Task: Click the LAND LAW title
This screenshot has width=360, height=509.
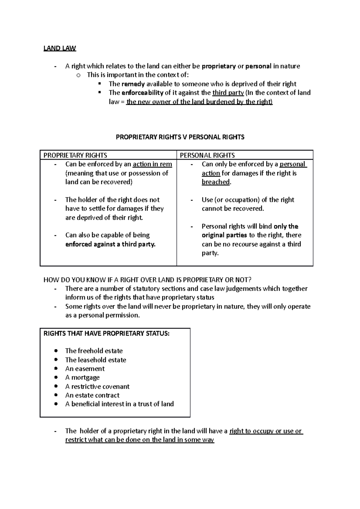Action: coord(60,48)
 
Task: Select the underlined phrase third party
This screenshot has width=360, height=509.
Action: coord(228,93)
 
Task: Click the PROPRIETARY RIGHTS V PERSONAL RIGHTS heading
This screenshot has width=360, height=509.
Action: coord(180,137)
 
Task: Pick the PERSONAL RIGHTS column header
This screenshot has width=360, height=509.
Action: coord(207,155)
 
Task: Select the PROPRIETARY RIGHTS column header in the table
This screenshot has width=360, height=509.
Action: coord(75,155)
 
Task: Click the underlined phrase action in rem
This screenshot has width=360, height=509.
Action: coord(152,164)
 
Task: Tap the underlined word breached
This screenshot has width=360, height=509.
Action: coord(216,182)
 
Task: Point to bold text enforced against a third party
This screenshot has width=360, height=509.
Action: coord(110,244)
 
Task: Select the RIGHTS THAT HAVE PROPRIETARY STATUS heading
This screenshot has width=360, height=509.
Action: coord(106,334)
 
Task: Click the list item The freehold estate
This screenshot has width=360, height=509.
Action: coord(94,351)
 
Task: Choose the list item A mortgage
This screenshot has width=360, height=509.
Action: coord(82,377)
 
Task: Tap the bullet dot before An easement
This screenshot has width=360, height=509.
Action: coord(56,368)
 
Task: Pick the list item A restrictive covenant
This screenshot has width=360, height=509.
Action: coord(97,386)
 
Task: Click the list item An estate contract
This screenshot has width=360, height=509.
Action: coord(92,395)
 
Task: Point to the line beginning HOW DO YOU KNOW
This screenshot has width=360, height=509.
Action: coord(147,280)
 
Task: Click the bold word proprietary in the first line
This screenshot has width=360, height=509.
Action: coord(219,66)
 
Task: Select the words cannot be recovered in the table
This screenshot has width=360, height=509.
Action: coord(232,209)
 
